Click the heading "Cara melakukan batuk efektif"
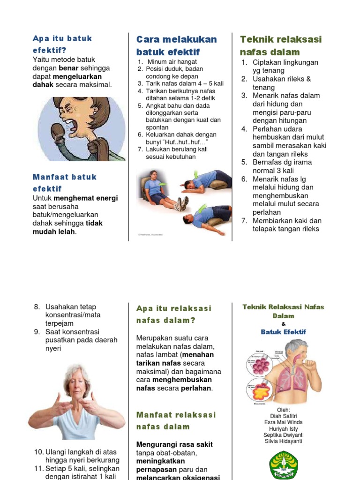[x=176, y=45]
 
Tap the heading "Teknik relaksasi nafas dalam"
[x=281, y=45]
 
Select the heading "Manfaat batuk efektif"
[x=65, y=183]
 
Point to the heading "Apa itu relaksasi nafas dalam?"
[x=174, y=315]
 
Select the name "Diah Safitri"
[x=283, y=416]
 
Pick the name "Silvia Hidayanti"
[x=283, y=441]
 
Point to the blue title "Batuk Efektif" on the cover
[x=283, y=332]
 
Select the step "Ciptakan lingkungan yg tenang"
[x=285, y=66]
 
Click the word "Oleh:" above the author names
[x=283, y=410]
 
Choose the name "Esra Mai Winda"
[x=283, y=422]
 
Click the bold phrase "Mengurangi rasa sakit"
[x=174, y=444]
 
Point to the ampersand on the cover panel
[x=283, y=324]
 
